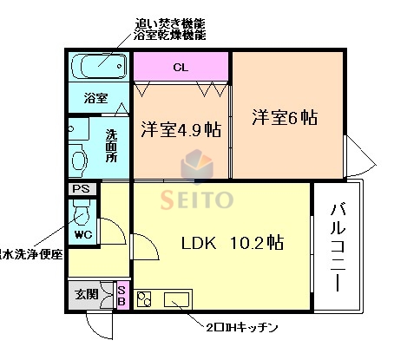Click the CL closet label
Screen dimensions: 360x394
pos(180,67)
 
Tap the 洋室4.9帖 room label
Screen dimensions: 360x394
pos(181,131)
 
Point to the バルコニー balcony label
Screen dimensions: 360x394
pos(336,246)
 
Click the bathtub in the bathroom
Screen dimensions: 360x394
pos(98,65)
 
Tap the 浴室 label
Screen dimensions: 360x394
pos(95,98)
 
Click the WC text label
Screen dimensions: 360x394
pos(83,234)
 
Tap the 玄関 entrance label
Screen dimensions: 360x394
pos(86,292)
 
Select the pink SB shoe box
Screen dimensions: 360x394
pos(121,294)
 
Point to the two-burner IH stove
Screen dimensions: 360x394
pos(145,299)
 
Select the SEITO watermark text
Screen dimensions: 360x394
pos(197,200)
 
